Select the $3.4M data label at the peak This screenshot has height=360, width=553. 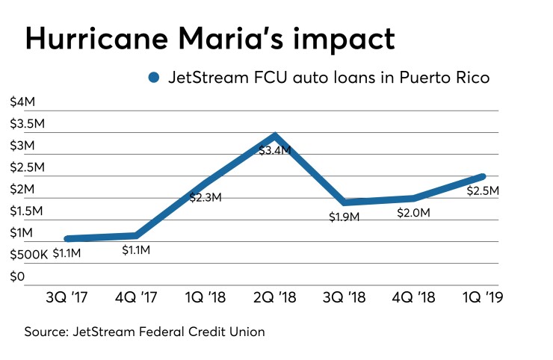(274, 151)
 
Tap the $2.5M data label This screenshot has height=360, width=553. (482, 190)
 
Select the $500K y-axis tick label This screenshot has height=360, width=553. (28, 254)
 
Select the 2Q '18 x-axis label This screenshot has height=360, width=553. (275, 297)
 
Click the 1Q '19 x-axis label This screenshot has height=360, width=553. (482, 297)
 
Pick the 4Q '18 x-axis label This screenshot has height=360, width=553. (413, 297)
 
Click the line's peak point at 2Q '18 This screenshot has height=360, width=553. (276, 135)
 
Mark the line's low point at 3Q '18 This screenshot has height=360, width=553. (345, 202)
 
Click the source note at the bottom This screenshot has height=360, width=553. (145, 332)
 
